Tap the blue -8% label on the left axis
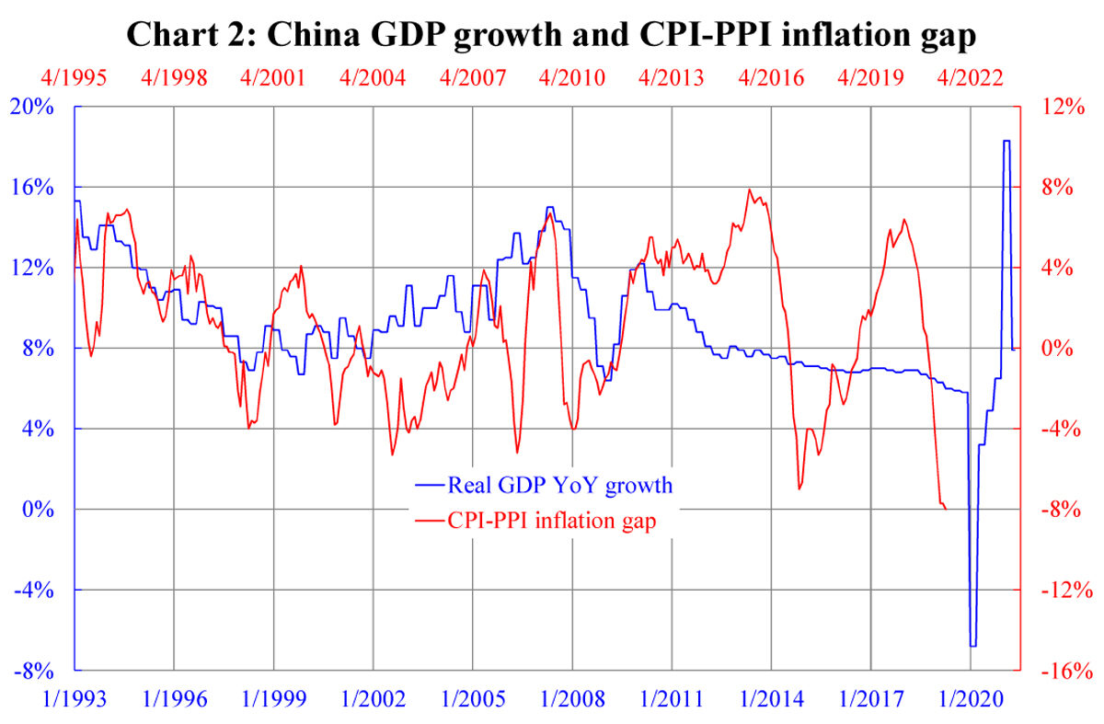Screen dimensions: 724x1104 pos(35,671)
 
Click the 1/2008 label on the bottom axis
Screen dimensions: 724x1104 pos(573,699)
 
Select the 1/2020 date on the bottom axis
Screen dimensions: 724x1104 pos(972,699)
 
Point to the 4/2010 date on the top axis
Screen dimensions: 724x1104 pos(573,77)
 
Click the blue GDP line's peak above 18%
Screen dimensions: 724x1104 pos(1006,141)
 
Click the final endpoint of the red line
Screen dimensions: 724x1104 pos(948,509)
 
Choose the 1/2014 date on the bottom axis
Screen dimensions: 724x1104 pos(773,699)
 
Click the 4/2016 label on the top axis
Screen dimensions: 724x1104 pos(773,77)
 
